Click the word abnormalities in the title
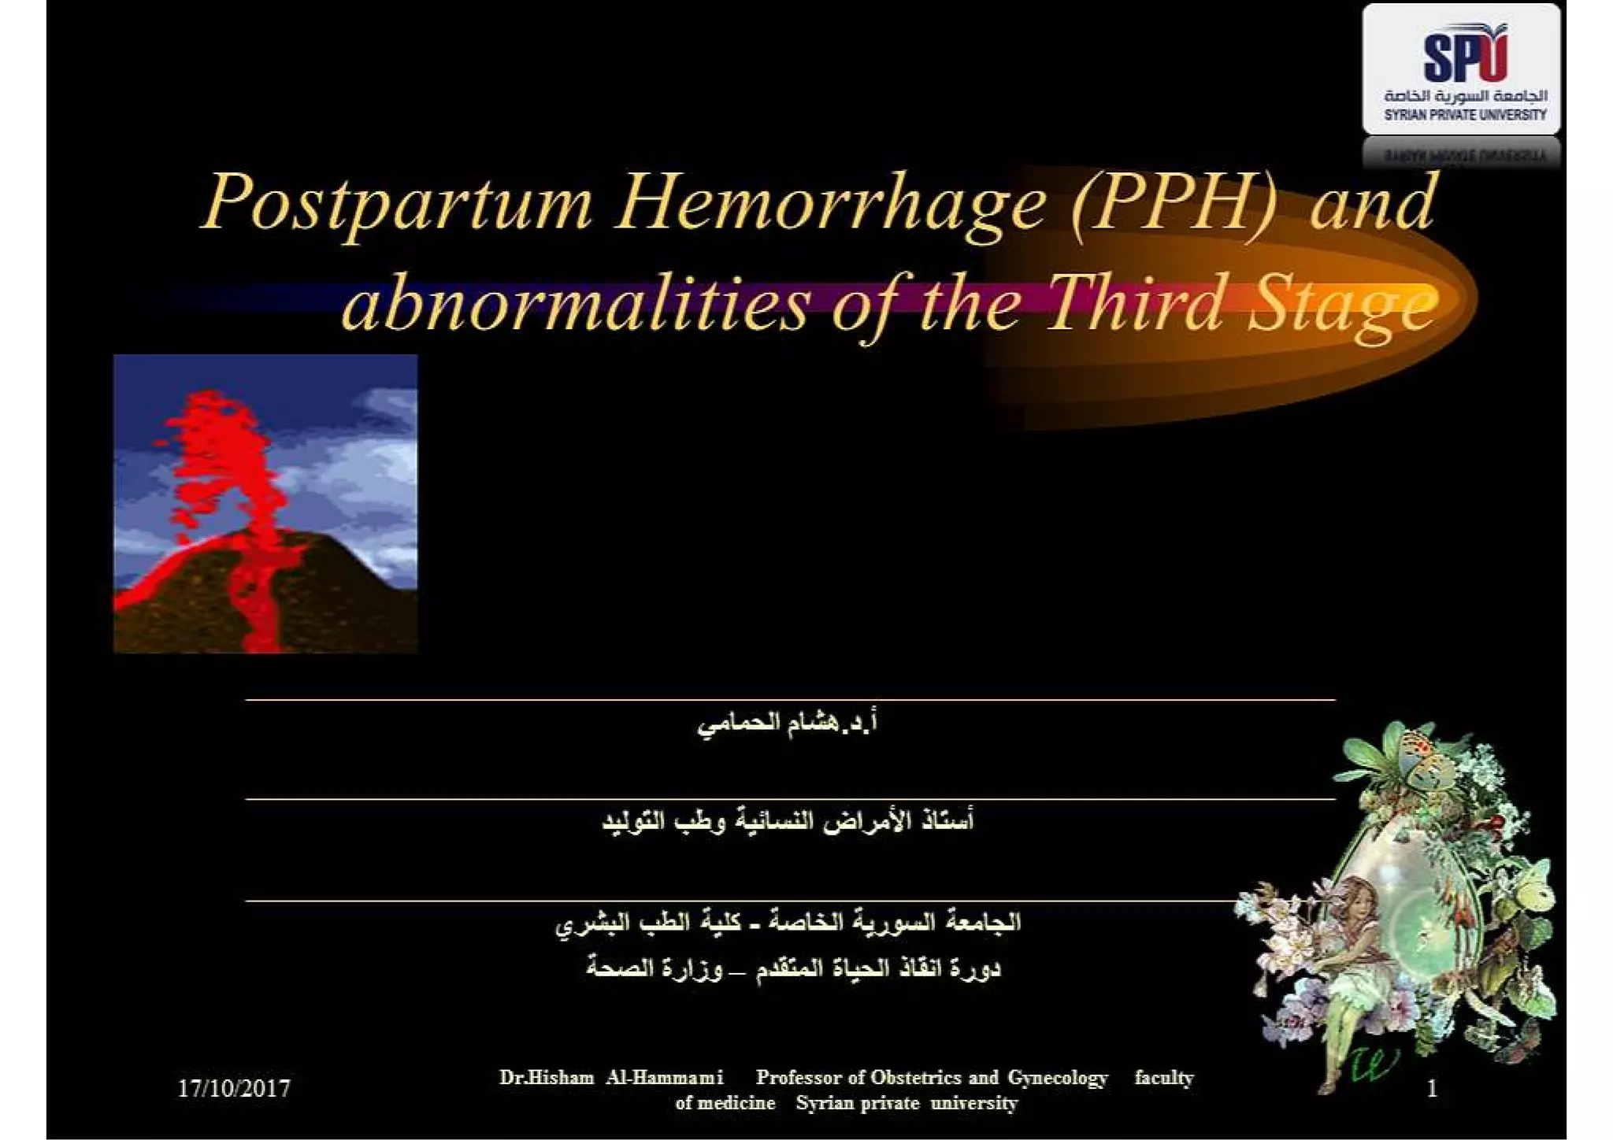tap(575, 305)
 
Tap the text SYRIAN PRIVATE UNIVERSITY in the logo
tap(1465, 115)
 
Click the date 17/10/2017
tap(234, 1089)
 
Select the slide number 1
tap(1432, 1089)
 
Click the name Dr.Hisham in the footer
tap(547, 1077)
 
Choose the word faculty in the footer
tap(1163, 1077)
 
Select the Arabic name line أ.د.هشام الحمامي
tap(788, 723)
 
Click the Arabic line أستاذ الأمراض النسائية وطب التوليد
tap(788, 821)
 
